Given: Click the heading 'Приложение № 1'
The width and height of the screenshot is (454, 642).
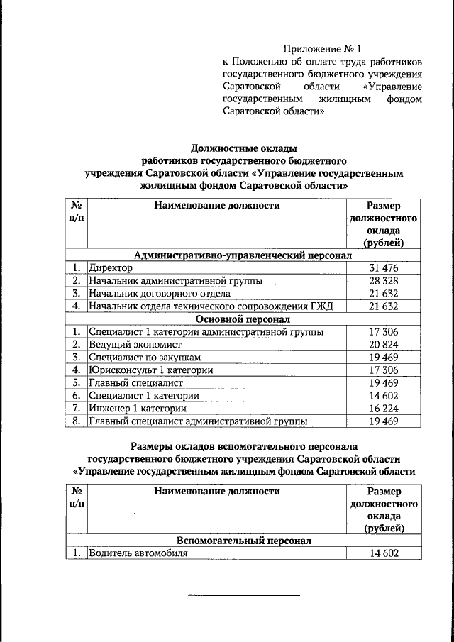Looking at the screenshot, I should tap(323, 49).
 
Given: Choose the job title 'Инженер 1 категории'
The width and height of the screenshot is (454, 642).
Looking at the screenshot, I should tap(138, 408).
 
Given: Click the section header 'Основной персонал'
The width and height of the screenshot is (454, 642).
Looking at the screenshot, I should tap(243, 319).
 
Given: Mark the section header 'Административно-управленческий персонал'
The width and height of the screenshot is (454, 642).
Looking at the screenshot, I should tap(243, 254).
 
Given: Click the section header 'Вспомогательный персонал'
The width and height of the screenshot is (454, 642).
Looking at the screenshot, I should tap(243, 540).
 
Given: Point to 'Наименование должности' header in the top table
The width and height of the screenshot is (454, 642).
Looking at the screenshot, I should tap(216, 206).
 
